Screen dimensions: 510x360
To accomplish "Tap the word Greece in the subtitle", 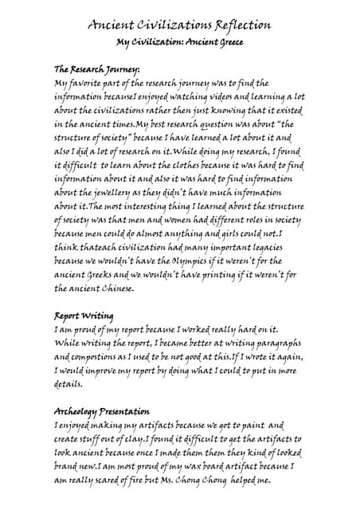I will pyautogui.click(x=225, y=41).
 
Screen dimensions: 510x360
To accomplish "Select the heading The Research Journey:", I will pyautogui.click(x=96, y=69).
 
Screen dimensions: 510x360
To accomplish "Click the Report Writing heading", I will pyautogui.click(x=84, y=315).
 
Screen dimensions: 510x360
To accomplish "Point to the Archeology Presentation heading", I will pyautogui.click(x=101, y=411).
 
